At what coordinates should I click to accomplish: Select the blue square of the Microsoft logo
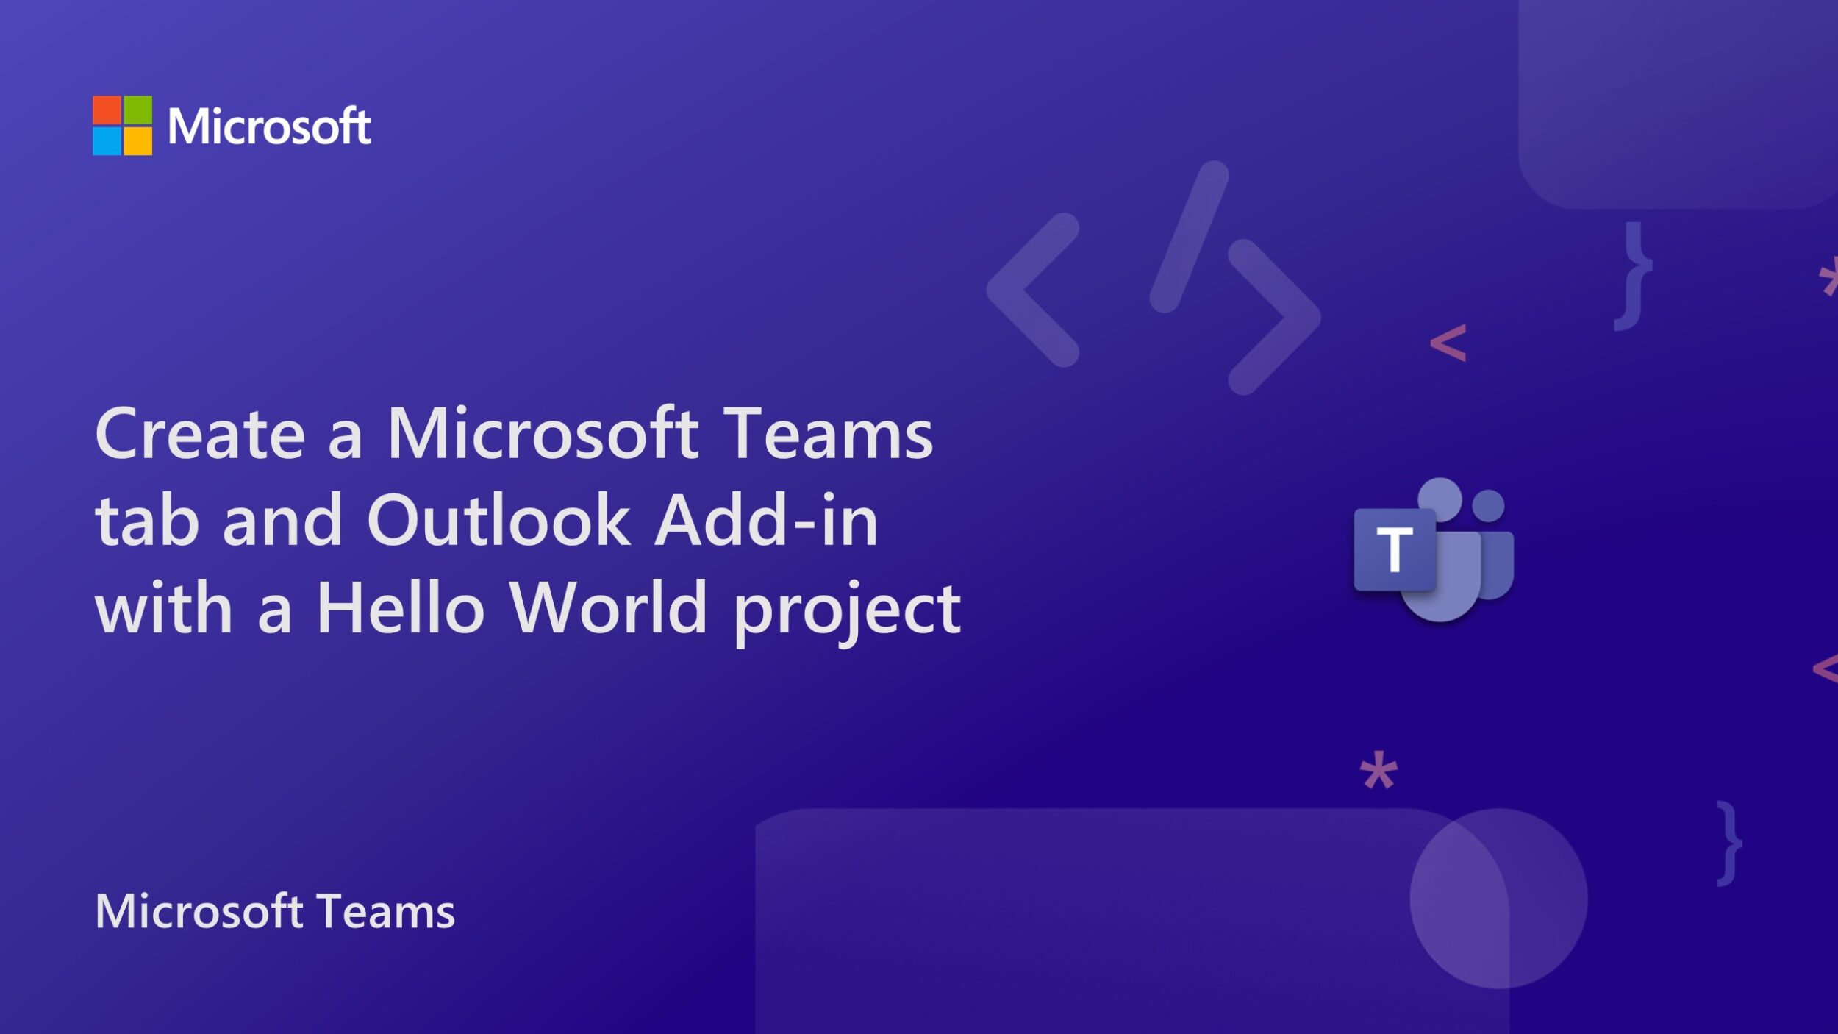tap(107, 141)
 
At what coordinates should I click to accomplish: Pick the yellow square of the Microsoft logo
tap(138, 141)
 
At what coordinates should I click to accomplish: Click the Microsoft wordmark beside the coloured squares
tap(269, 126)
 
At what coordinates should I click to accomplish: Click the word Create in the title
tap(200, 435)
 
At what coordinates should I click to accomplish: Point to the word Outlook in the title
tap(498, 521)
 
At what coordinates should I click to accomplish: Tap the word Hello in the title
tap(401, 608)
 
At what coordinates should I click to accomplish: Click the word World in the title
tap(609, 608)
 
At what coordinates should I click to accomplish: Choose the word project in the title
tap(847, 612)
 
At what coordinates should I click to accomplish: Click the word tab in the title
tap(147, 521)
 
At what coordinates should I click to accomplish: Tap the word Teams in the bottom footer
tap(387, 912)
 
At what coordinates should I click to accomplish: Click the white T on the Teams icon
tap(1395, 549)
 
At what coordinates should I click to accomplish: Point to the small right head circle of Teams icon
tap(1489, 506)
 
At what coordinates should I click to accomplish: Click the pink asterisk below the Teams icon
tap(1378, 770)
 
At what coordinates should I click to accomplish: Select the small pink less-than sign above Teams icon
tap(1448, 343)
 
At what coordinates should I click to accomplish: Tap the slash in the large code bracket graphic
tap(1189, 237)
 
